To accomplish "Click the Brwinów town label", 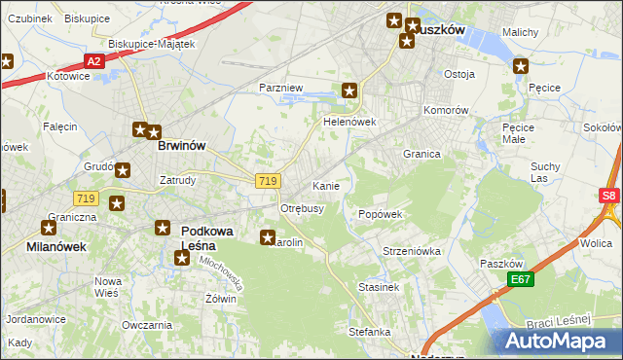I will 181,146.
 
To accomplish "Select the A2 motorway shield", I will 93,61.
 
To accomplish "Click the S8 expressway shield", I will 609,196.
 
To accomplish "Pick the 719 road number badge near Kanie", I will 270,181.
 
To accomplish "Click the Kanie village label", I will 325,185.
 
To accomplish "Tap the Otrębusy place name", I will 302,208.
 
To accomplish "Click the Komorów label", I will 447,110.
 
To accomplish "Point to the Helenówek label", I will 349,123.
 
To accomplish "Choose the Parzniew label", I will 281,88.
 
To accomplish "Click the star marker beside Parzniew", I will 349,90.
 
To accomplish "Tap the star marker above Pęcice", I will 521,67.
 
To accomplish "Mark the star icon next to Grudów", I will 124,170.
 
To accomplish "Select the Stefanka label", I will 370,332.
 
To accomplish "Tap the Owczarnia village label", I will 140,324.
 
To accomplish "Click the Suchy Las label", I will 545,171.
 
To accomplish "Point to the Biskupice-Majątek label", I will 152,44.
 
